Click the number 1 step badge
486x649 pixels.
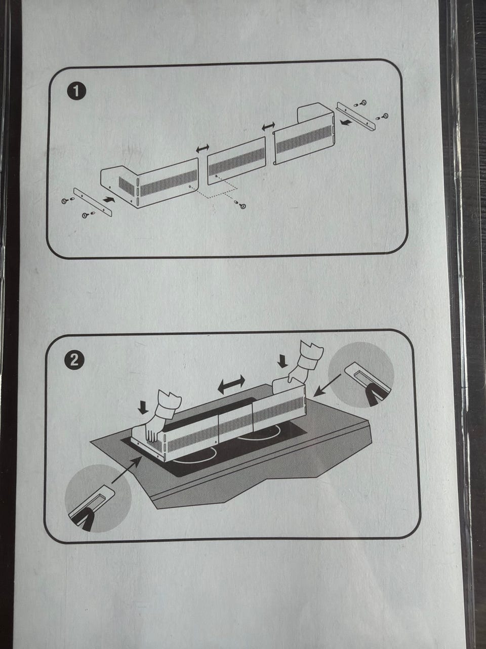(x=76, y=92)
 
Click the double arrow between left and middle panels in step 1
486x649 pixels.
(x=202, y=148)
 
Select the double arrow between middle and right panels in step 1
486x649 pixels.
(x=268, y=126)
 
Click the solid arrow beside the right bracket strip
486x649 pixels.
(x=346, y=121)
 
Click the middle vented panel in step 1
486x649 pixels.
(x=236, y=161)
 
